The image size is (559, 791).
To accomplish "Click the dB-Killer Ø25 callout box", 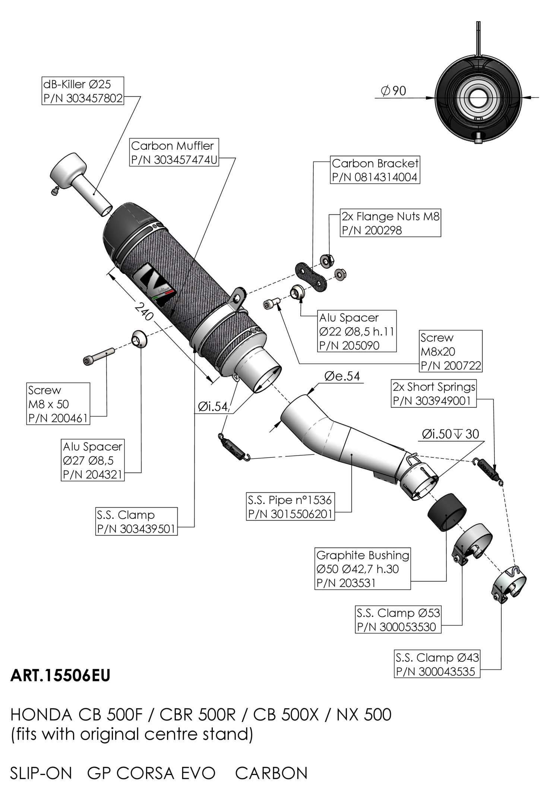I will [x=82, y=91].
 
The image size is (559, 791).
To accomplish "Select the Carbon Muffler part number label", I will [x=174, y=152].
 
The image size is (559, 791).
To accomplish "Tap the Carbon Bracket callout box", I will [x=375, y=170].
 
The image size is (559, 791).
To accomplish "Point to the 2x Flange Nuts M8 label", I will [x=391, y=223].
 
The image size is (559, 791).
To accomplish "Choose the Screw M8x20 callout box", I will [x=451, y=351].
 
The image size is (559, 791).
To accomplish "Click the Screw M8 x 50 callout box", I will [x=59, y=404].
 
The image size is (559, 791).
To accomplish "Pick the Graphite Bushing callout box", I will [x=362, y=568].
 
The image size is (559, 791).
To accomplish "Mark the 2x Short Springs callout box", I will [x=434, y=394].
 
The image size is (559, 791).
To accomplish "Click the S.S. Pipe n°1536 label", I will [x=290, y=507].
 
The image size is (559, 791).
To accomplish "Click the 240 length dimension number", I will [x=143, y=312].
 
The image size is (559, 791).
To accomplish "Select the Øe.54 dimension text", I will [x=342, y=376].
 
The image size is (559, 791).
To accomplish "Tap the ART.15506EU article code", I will [x=60, y=675].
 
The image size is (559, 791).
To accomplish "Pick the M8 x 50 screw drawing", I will [x=98, y=356].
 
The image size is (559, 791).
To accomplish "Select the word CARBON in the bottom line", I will [x=271, y=773].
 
